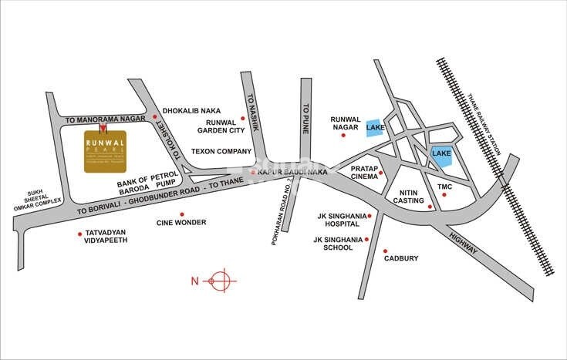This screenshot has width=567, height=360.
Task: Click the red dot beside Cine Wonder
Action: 182,214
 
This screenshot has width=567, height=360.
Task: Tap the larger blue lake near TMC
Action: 441,156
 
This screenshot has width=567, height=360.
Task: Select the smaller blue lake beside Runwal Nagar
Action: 374,128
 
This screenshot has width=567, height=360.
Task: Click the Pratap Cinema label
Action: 363,172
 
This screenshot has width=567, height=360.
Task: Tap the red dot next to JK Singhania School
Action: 365,239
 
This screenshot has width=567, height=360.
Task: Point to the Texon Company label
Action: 221,151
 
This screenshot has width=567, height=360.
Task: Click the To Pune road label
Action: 305,119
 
